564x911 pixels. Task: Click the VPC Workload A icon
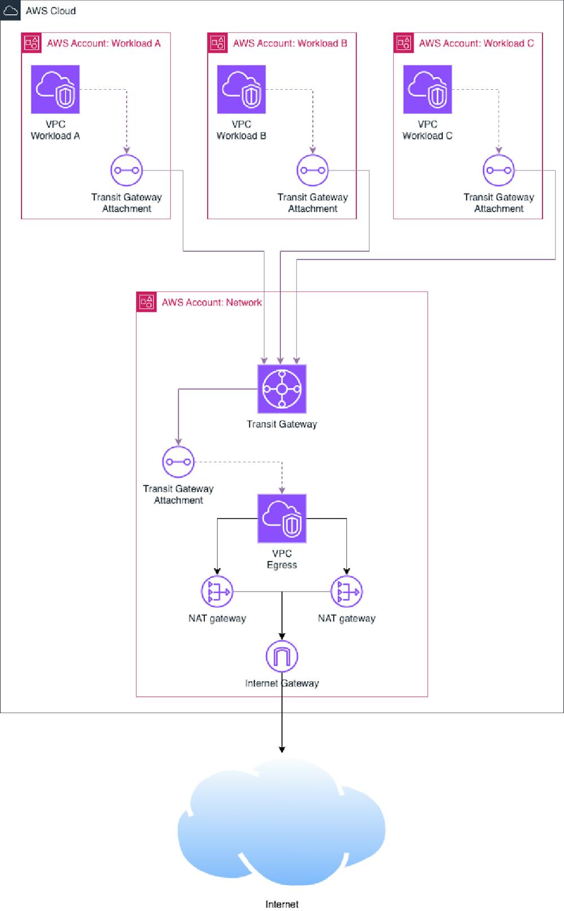coord(55,89)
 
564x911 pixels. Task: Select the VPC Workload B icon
coord(241,89)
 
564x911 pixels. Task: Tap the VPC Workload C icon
coord(428,89)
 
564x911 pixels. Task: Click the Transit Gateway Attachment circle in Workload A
coord(126,170)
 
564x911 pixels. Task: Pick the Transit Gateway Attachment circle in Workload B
coord(312,170)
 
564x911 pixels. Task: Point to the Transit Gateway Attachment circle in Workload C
coord(499,170)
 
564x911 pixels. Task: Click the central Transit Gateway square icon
coord(282,389)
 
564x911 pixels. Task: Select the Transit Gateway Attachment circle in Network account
coord(178,462)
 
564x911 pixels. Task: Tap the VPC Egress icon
coord(282,519)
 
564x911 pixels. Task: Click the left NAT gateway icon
coord(217,592)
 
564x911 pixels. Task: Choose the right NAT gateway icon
coord(346,592)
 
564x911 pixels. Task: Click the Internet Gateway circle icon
coord(282,656)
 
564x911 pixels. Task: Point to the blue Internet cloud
coord(282,824)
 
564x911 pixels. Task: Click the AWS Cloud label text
coord(51,11)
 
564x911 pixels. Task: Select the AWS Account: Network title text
coord(211,303)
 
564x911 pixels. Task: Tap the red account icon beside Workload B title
coord(218,43)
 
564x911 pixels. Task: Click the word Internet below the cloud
coord(282,904)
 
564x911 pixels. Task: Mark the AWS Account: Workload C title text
coord(476,43)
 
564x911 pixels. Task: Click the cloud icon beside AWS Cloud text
coord(11,10)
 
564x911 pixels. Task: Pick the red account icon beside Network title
coord(147,302)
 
